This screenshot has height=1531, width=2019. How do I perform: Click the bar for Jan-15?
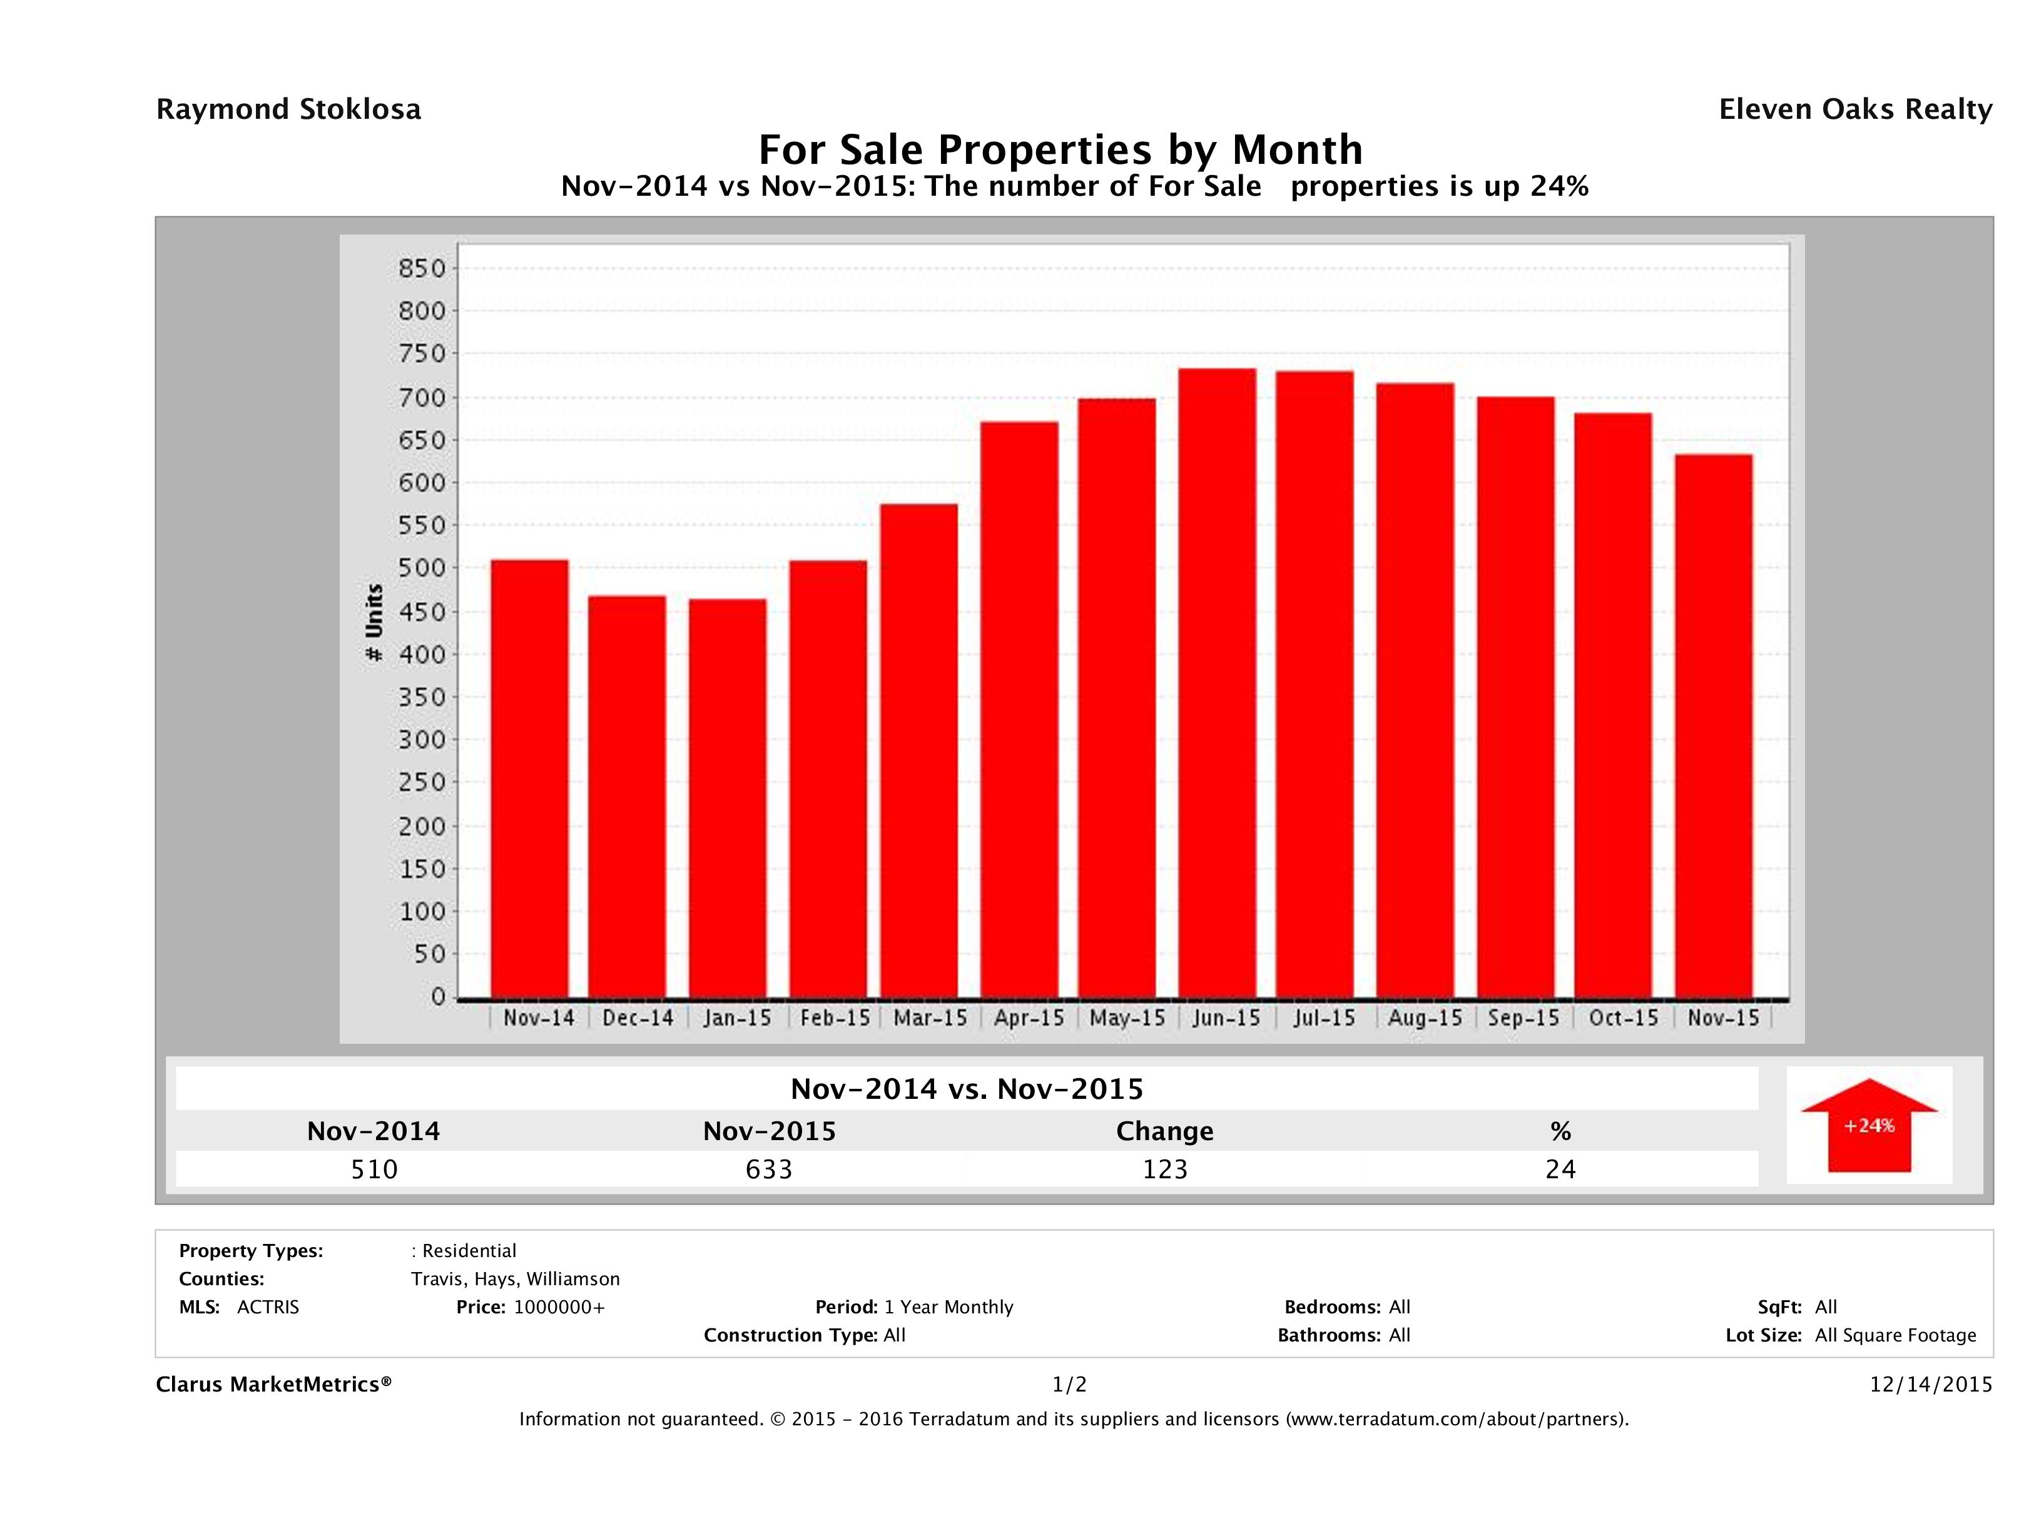coord(728,799)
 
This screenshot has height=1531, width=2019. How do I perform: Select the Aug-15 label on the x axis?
coord(1424,1018)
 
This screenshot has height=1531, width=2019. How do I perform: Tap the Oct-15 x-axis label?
coord(1623,1018)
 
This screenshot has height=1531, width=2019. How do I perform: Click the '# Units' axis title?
coord(374,623)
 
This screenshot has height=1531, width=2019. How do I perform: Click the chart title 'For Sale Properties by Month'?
coord(1060,149)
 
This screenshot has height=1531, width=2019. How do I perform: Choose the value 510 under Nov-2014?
coord(374,1169)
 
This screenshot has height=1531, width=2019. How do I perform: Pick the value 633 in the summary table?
coord(770,1169)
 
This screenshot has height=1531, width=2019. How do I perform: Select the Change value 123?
coord(1165,1169)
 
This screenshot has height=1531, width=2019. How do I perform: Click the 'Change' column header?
coord(1165,1131)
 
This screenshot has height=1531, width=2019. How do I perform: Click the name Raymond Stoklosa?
coord(288,109)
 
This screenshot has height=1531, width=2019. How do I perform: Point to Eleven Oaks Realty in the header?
coord(1854,109)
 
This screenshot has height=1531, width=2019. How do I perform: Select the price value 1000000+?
coord(559,1306)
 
